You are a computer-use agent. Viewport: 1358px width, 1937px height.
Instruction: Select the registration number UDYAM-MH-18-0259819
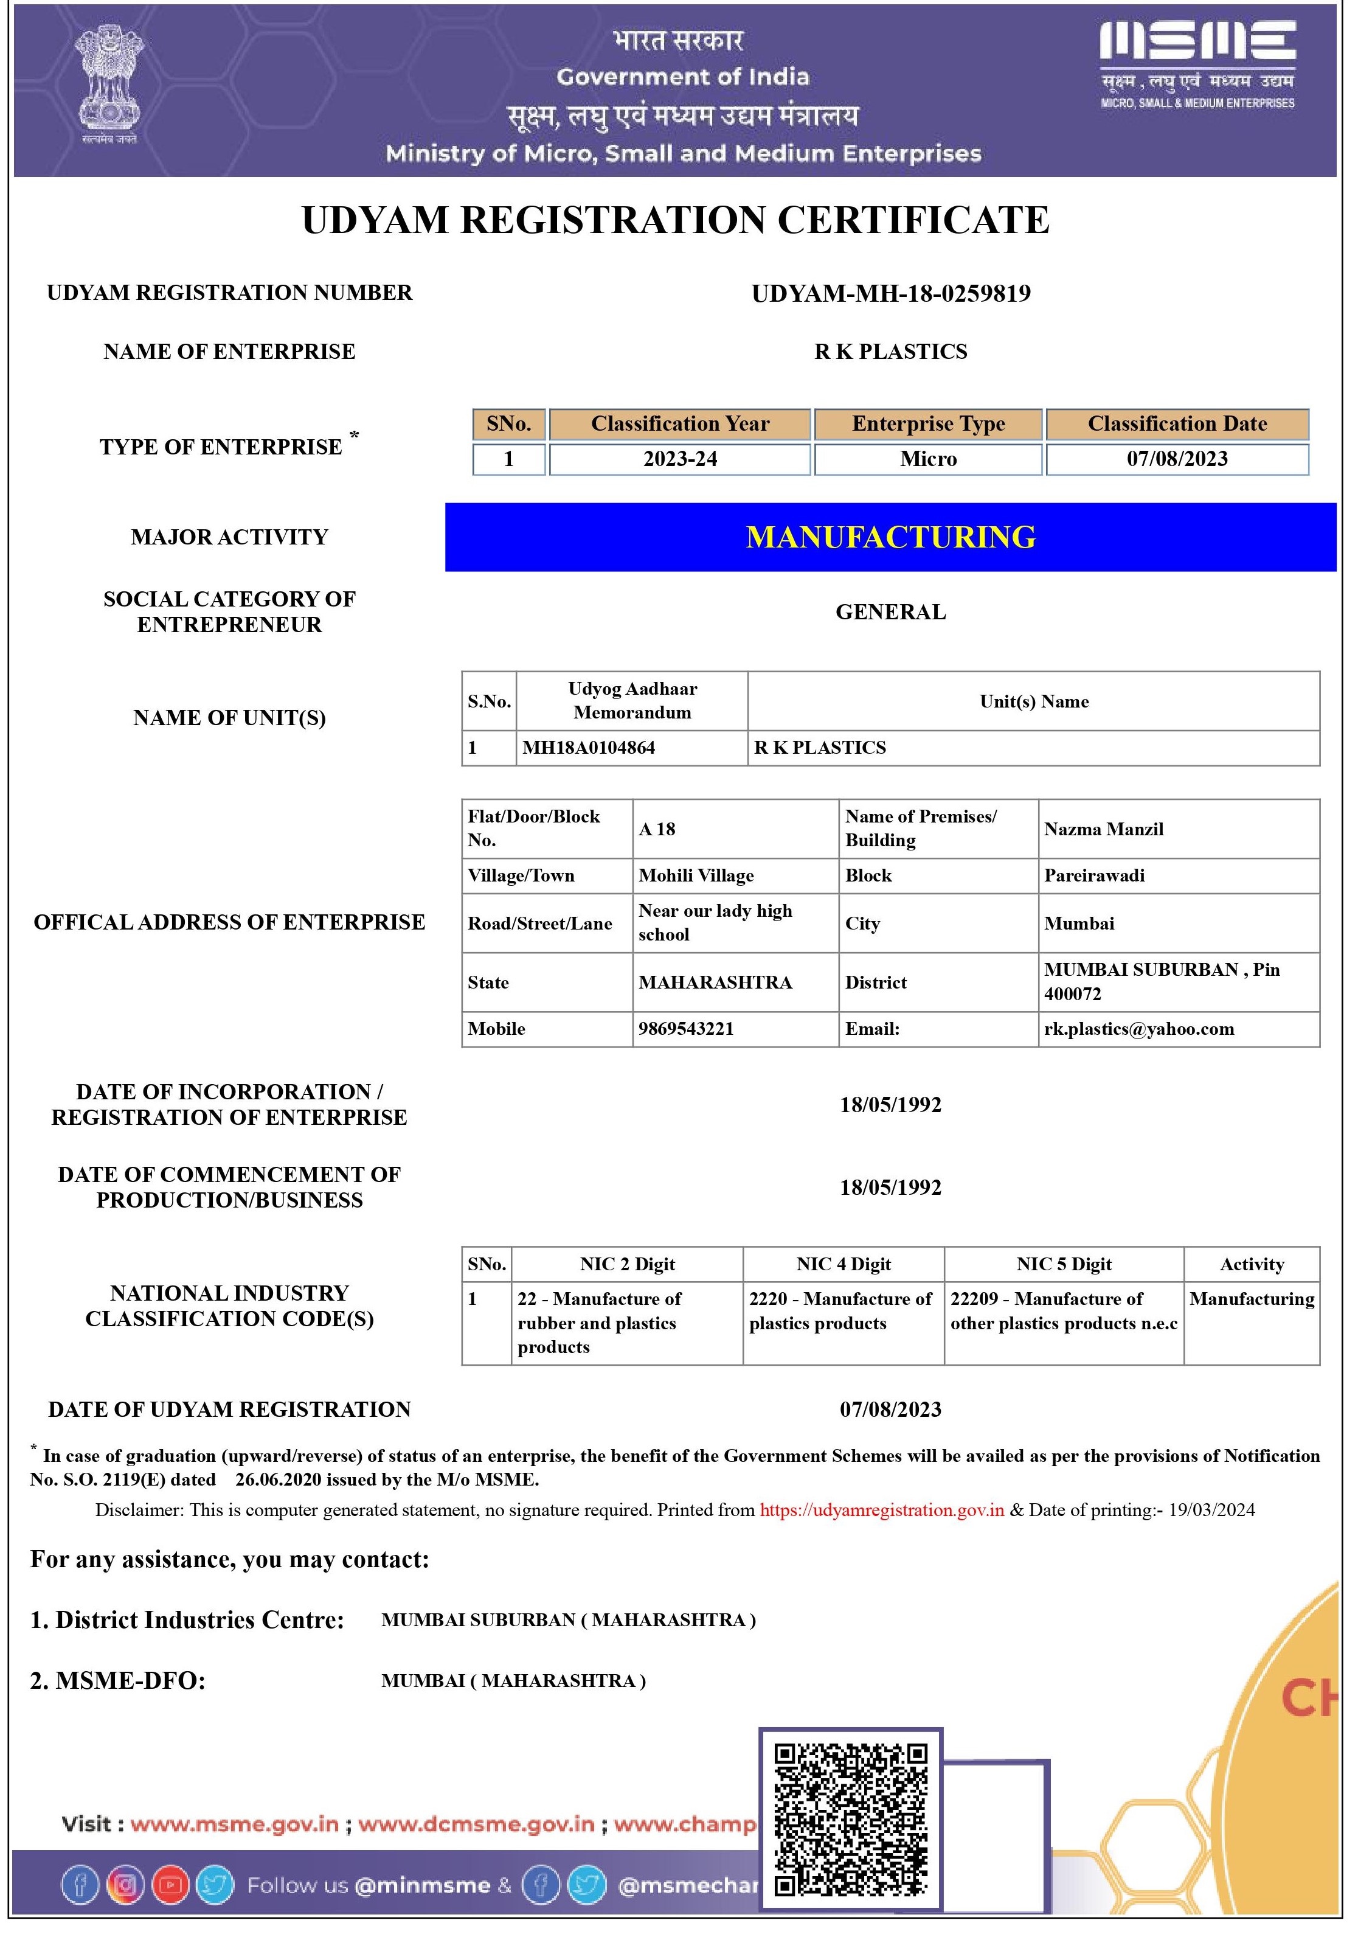coord(891,294)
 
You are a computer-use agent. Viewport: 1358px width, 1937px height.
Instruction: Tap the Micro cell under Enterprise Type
coord(928,459)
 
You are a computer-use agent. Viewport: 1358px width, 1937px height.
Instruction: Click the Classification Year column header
coord(680,423)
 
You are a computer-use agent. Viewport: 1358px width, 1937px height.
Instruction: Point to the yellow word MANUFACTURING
coord(891,537)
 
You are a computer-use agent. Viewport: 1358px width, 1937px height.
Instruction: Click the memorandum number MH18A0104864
coord(589,748)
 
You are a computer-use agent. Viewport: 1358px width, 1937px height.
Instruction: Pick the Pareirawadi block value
coord(1094,875)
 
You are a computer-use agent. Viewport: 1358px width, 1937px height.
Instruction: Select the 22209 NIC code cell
coord(1064,1311)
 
